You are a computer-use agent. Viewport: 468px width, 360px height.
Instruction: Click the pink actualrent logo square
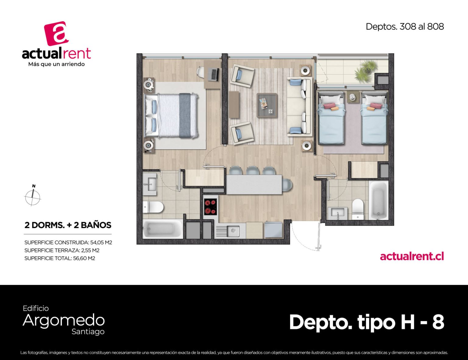(56, 34)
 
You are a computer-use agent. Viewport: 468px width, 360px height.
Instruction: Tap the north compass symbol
(33, 196)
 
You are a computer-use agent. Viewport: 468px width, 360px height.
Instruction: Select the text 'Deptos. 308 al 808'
(405, 27)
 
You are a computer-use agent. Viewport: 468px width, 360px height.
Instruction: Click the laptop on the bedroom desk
(213, 75)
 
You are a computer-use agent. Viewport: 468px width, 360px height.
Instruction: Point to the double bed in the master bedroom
(171, 116)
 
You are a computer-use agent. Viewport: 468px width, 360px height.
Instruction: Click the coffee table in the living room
(267, 105)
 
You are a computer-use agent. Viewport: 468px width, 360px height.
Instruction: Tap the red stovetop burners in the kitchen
(211, 207)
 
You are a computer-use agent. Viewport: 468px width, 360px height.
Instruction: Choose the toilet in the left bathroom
(153, 207)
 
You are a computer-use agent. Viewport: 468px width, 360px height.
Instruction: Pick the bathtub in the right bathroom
(379, 200)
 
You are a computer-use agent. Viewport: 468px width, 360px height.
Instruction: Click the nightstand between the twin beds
(352, 97)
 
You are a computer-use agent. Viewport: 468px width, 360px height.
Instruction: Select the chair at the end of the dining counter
(287, 185)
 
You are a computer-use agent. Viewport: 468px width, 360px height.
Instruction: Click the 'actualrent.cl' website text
(412, 256)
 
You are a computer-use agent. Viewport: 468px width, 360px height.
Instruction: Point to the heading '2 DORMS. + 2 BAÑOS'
(68, 225)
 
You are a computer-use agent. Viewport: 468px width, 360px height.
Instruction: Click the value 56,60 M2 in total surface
(84, 258)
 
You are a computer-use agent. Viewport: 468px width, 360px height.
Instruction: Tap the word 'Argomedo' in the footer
(64, 321)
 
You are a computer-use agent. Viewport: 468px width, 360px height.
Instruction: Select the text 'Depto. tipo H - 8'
(367, 322)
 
